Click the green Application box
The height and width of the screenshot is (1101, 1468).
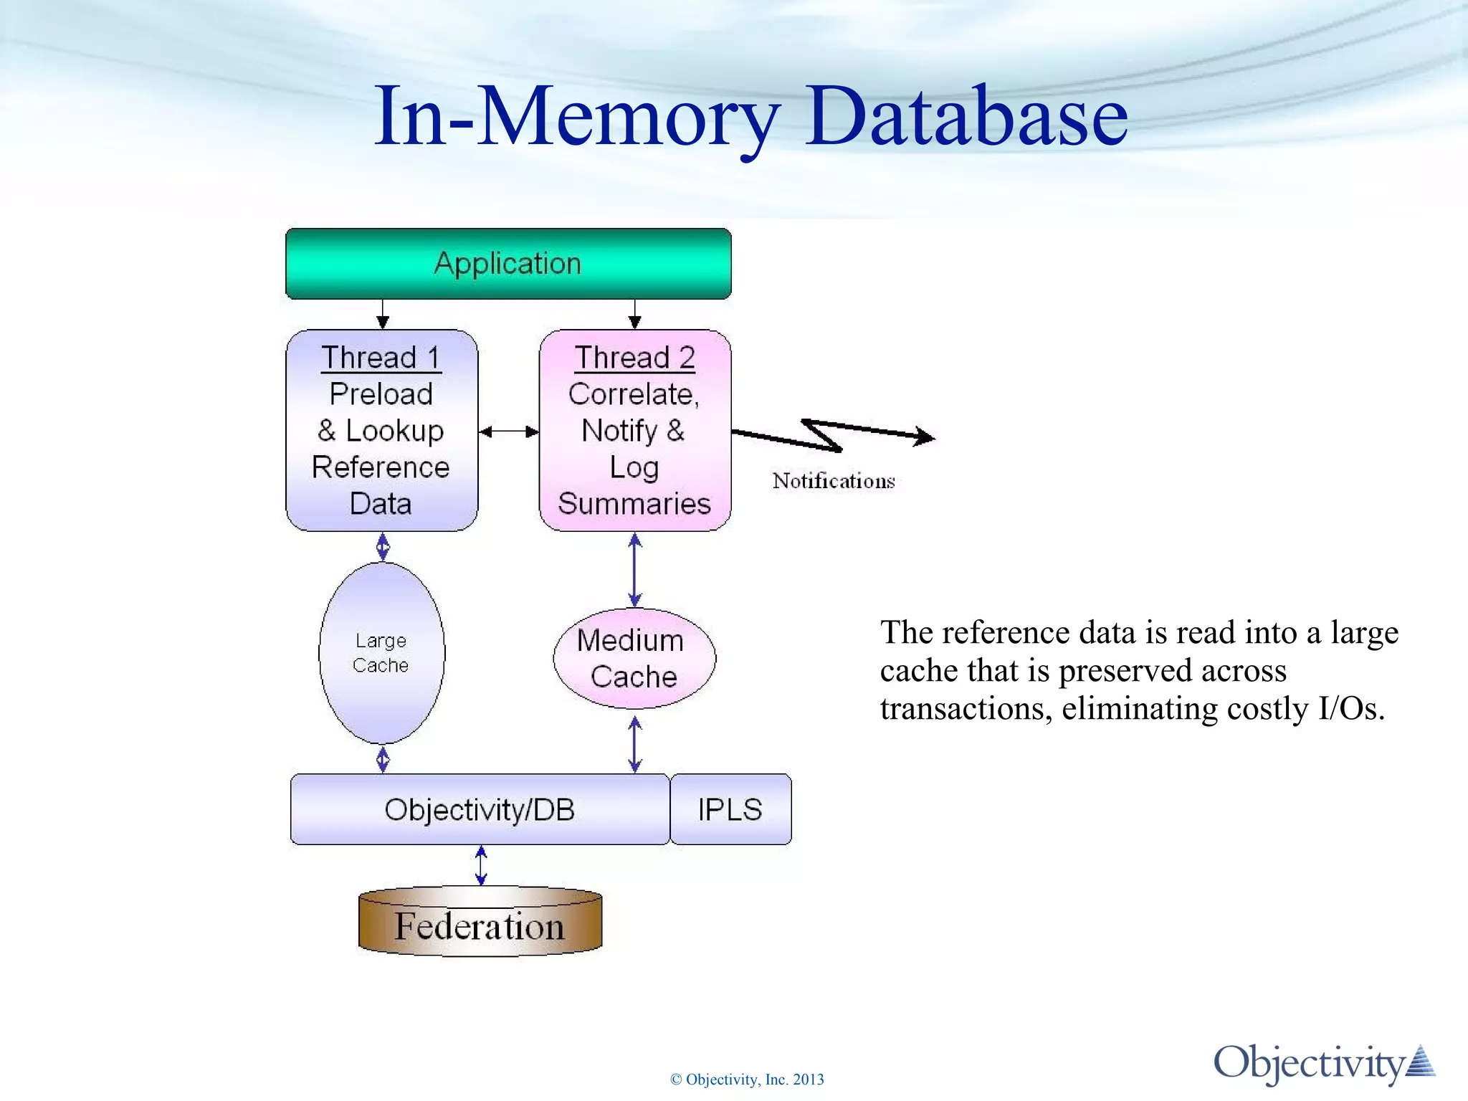507,264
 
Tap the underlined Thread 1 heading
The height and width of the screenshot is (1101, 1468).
381,357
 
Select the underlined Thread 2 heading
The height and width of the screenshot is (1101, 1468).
634,357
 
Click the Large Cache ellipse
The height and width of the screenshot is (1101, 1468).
381,652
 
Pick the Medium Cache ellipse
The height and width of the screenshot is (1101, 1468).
634,658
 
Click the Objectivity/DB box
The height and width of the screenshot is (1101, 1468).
479,809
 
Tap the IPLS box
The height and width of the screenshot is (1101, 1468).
730,809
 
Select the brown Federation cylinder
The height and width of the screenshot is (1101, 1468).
480,925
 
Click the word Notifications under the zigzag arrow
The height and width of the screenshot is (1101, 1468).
834,480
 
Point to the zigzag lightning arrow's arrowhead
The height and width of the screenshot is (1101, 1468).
925,436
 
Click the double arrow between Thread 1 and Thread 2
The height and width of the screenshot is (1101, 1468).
508,432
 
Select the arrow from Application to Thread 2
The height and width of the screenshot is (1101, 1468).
634,314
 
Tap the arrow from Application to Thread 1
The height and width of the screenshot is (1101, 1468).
383,314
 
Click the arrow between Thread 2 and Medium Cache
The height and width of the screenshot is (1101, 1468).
634,570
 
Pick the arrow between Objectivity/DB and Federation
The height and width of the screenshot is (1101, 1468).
481,865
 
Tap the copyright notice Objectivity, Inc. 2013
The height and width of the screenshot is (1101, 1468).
747,1079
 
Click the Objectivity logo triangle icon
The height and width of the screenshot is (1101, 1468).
1420,1062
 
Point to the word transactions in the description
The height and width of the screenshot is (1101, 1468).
966,708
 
